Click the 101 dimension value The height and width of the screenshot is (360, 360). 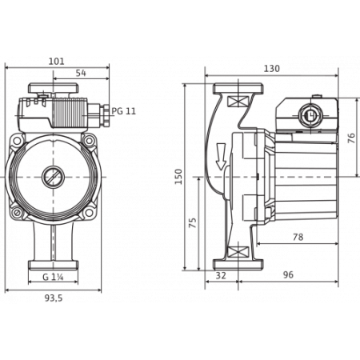[56, 62]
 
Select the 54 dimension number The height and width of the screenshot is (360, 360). [81, 73]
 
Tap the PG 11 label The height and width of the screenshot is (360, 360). [123, 111]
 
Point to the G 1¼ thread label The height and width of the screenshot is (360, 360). [53, 277]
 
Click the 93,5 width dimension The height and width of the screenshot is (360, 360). [54, 298]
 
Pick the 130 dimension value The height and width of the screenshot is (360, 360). [272, 69]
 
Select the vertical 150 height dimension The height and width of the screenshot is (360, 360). [178, 177]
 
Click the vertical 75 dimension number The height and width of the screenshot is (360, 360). [192, 222]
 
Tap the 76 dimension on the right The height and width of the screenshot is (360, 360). [352, 138]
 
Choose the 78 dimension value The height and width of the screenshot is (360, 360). [298, 237]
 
